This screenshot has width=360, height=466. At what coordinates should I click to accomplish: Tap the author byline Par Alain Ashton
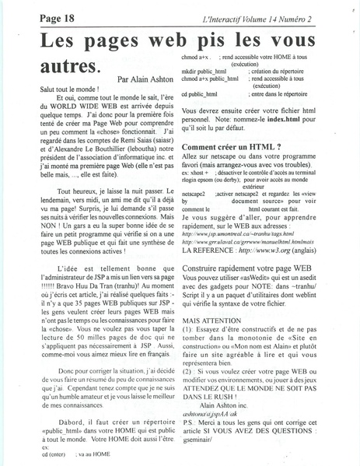point(147,79)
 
